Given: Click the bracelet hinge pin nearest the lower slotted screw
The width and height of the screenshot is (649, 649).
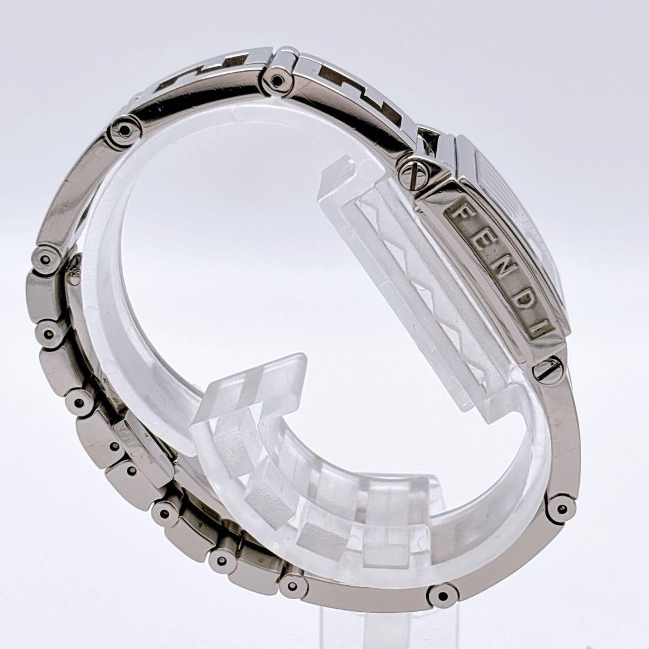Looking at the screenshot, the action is click(561, 509).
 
